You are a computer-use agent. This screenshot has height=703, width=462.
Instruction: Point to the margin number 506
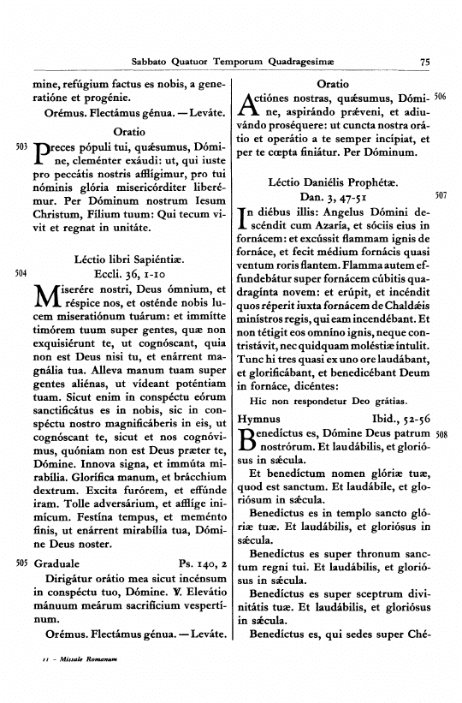pos(441,97)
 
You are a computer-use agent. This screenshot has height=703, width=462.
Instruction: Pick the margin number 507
pos(441,195)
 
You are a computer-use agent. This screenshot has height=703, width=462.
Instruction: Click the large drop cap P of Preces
pos(43,154)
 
